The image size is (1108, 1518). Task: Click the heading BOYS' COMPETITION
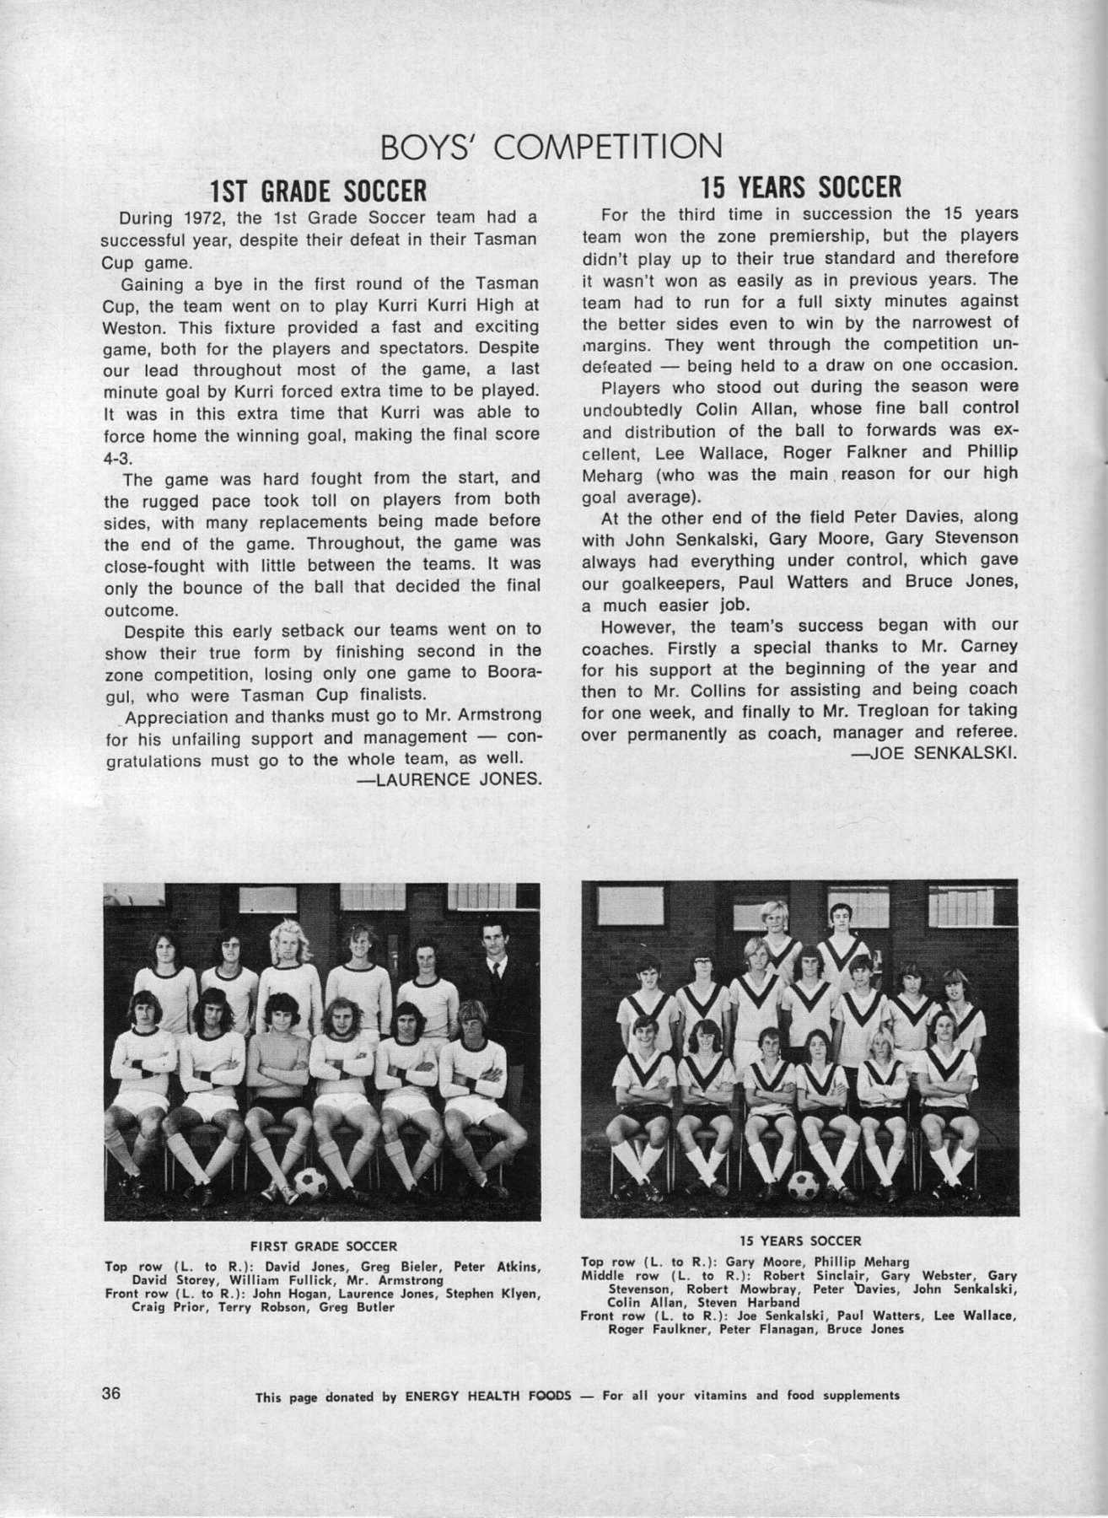click(x=553, y=146)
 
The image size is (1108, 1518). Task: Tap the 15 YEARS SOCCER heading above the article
click(x=801, y=185)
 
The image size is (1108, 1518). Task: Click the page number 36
click(x=113, y=1392)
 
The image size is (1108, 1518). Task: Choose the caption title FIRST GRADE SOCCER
click(x=324, y=1246)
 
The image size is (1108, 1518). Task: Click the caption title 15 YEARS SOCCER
click(x=800, y=1241)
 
